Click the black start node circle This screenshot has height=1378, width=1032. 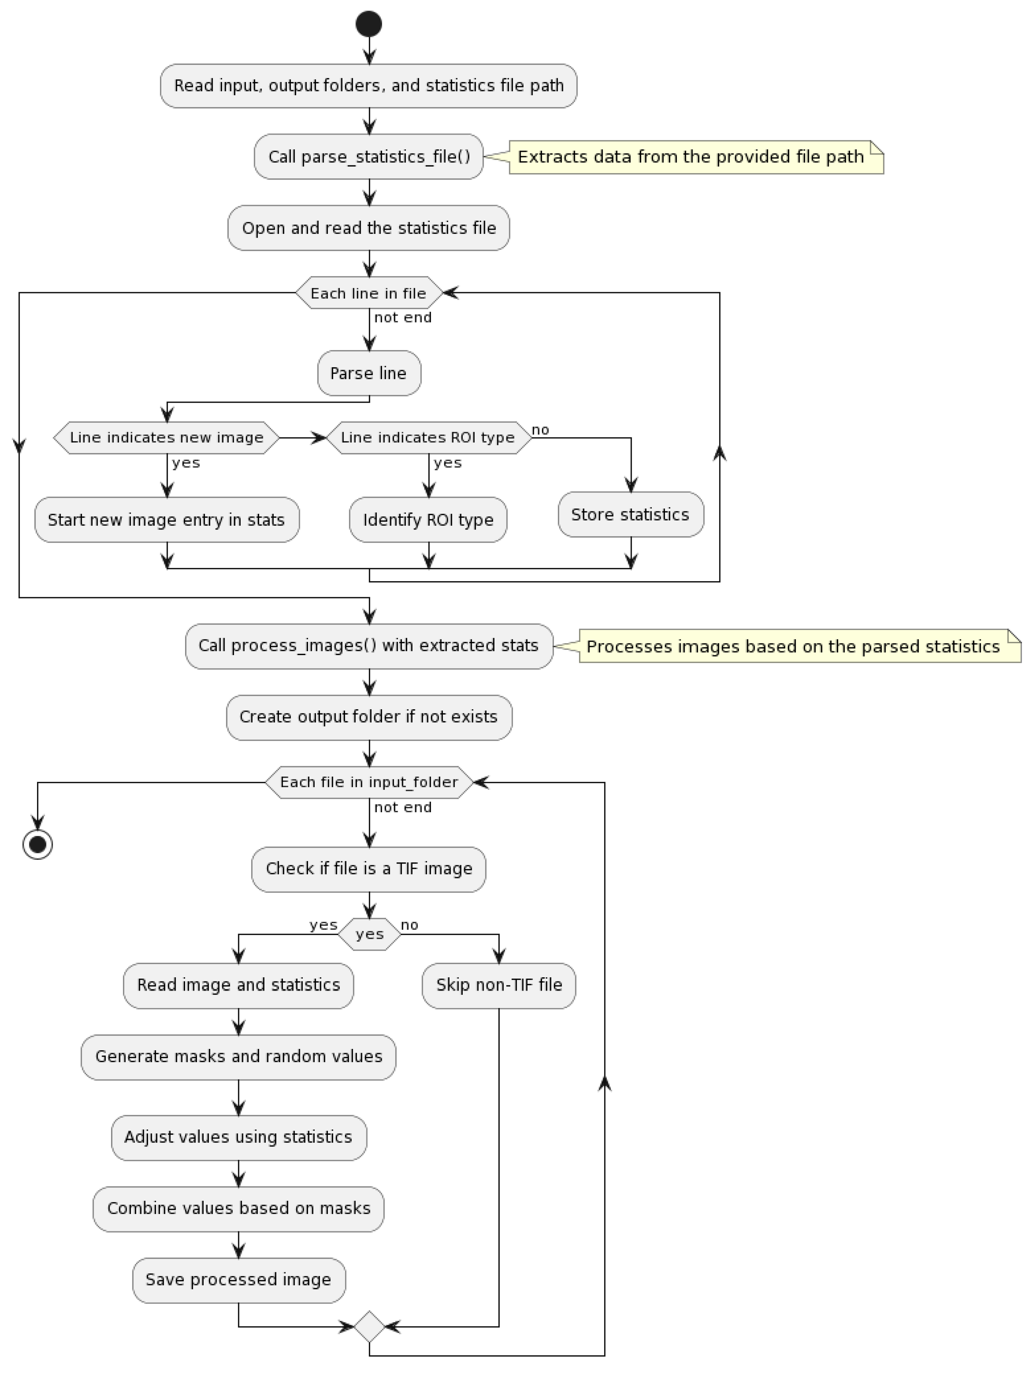[x=368, y=24]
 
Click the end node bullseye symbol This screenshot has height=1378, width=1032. [x=37, y=845]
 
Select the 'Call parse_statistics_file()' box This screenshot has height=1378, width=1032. [x=368, y=156]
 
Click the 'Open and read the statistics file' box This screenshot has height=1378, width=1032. [x=368, y=228]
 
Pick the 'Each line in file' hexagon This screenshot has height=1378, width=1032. [x=368, y=293]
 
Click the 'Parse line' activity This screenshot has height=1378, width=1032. [x=368, y=373]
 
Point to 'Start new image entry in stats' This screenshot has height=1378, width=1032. [x=166, y=520]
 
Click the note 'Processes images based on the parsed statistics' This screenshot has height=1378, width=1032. [x=799, y=646]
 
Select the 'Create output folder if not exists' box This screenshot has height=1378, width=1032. [x=368, y=717]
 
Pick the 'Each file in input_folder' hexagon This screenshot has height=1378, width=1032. [x=368, y=783]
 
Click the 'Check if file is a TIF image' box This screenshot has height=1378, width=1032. [x=368, y=869]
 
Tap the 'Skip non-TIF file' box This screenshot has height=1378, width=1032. [x=499, y=985]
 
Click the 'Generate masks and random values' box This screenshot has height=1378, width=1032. [x=238, y=1057]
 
